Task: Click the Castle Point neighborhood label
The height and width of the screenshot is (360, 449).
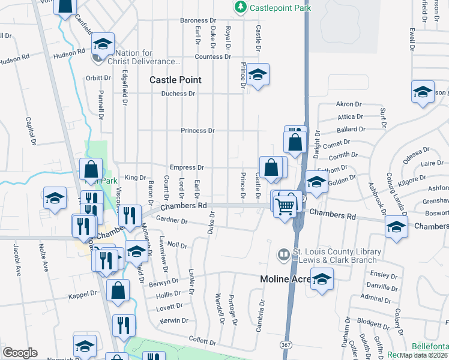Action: pyautogui.click(x=175, y=80)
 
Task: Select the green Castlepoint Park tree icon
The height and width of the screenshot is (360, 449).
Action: pyautogui.click(x=240, y=7)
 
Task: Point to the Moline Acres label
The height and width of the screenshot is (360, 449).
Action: pyautogui.click(x=283, y=279)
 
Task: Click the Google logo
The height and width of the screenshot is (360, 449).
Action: pyautogui.click(x=20, y=353)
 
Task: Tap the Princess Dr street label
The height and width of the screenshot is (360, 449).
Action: pyautogui.click(x=197, y=131)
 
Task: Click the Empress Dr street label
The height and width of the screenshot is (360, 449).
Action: pyautogui.click(x=187, y=168)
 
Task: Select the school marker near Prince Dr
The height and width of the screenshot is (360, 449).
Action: pyautogui.click(x=258, y=74)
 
